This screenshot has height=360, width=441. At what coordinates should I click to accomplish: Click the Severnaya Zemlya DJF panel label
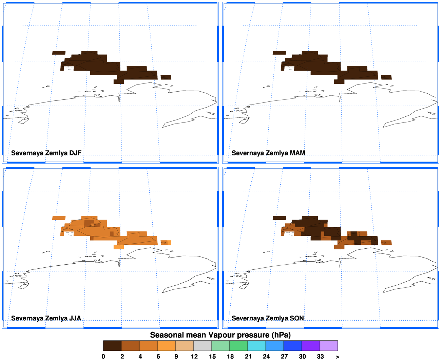pyautogui.click(x=46, y=153)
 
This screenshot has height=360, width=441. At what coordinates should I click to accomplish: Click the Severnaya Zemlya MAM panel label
pyautogui.click(x=268, y=153)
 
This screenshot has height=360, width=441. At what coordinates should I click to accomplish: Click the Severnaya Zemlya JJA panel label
pyautogui.click(x=46, y=318)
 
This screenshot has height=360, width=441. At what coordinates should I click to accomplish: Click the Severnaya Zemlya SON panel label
pyautogui.click(x=268, y=318)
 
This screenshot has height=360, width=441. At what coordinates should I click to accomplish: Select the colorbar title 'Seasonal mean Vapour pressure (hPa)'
pyautogui.click(x=220, y=335)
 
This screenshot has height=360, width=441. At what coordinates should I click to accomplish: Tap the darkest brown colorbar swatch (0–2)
pyautogui.click(x=112, y=346)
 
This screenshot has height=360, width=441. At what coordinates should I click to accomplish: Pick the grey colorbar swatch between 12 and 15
pyautogui.click(x=203, y=346)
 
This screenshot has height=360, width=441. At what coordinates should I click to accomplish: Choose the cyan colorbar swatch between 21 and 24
pyautogui.click(x=256, y=346)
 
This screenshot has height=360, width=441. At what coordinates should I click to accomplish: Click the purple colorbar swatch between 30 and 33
pyautogui.click(x=311, y=346)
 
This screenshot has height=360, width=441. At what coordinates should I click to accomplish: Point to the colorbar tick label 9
pyautogui.click(x=176, y=357)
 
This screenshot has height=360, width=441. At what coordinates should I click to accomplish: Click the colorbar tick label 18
pyautogui.click(x=230, y=357)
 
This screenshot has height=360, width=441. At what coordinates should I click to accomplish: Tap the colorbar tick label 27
pyautogui.click(x=284, y=357)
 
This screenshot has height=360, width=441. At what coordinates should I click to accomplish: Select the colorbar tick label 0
pyautogui.click(x=103, y=357)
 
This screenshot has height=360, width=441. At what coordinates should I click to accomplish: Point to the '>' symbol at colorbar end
pyautogui.click(x=338, y=357)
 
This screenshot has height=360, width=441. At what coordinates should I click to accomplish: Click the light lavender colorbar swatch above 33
pyautogui.click(x=329, y=346)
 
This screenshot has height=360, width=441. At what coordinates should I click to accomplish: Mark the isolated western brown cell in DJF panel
pyautogui.click(x=59, y=53)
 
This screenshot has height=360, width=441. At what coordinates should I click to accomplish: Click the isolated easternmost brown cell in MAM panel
pyautogui.click(x=386, y=77)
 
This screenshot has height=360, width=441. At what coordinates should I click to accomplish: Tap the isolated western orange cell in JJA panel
pyautogui.click(x=59, y=218)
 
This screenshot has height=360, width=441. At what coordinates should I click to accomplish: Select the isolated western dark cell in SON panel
pyautogui.click(x=279, y=218)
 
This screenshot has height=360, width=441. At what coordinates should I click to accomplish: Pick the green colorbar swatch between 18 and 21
pyautogui.click(x=238, y=346)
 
